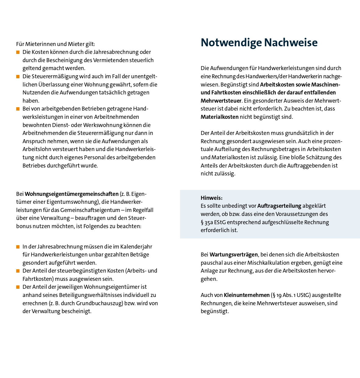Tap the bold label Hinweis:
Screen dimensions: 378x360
click(211, 198)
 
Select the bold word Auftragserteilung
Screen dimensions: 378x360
click(279, 206)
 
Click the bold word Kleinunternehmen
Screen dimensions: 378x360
click(247, 295)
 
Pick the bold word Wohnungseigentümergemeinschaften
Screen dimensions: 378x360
click(72, 194)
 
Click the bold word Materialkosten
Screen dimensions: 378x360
click(219, 117)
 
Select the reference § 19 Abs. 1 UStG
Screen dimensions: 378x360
click(291, 295)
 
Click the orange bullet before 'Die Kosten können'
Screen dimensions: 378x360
click(18, 52)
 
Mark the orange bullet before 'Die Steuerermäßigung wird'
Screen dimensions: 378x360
click(18, 76)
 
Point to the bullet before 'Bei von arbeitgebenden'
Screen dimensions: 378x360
click(18, 109)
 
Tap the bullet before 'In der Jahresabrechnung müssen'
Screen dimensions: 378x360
click(18, 247)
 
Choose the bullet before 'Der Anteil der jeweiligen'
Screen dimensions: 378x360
click(18, 287)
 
